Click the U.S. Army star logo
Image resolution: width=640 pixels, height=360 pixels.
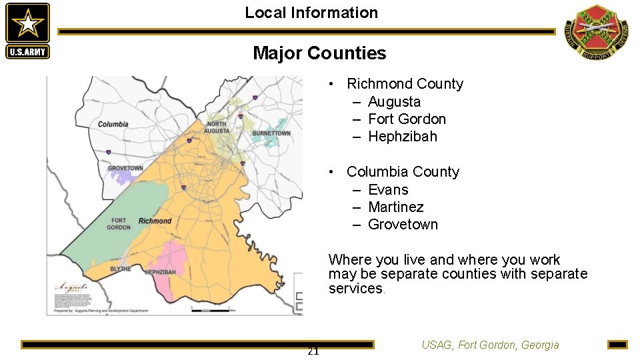(x=27, y=31)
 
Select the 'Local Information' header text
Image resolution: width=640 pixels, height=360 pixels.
(x=311, y=13)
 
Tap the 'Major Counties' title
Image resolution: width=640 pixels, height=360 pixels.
(x=319, y=53)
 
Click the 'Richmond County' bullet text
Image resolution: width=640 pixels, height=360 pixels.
(x=405, y=84)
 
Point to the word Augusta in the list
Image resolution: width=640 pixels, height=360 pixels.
(x=394, y=102)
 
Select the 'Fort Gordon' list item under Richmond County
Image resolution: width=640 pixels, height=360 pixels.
(x=407, y=119)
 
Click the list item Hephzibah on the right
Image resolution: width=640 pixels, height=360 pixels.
(x=403, y=137)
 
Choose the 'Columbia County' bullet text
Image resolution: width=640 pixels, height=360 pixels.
(x=403, y=172)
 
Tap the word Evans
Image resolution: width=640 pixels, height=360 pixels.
(x=388, y=190)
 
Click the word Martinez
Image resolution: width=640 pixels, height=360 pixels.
(x=395, y=207)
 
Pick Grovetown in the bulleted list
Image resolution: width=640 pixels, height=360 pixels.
(x=403, y=225)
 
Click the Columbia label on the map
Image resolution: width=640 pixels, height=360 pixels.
(x=113, y=124)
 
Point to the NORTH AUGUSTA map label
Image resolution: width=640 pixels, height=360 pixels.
(x=217, y=127)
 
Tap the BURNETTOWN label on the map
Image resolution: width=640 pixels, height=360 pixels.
(x=271, y=133)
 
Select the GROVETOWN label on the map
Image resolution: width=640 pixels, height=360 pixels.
(x=125, y=169)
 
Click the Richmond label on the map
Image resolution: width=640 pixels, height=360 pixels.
(x=155, y=221)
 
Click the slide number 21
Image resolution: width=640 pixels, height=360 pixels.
(x=313, y=351)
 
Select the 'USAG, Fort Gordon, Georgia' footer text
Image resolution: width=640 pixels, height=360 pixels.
(x=490, y=345)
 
